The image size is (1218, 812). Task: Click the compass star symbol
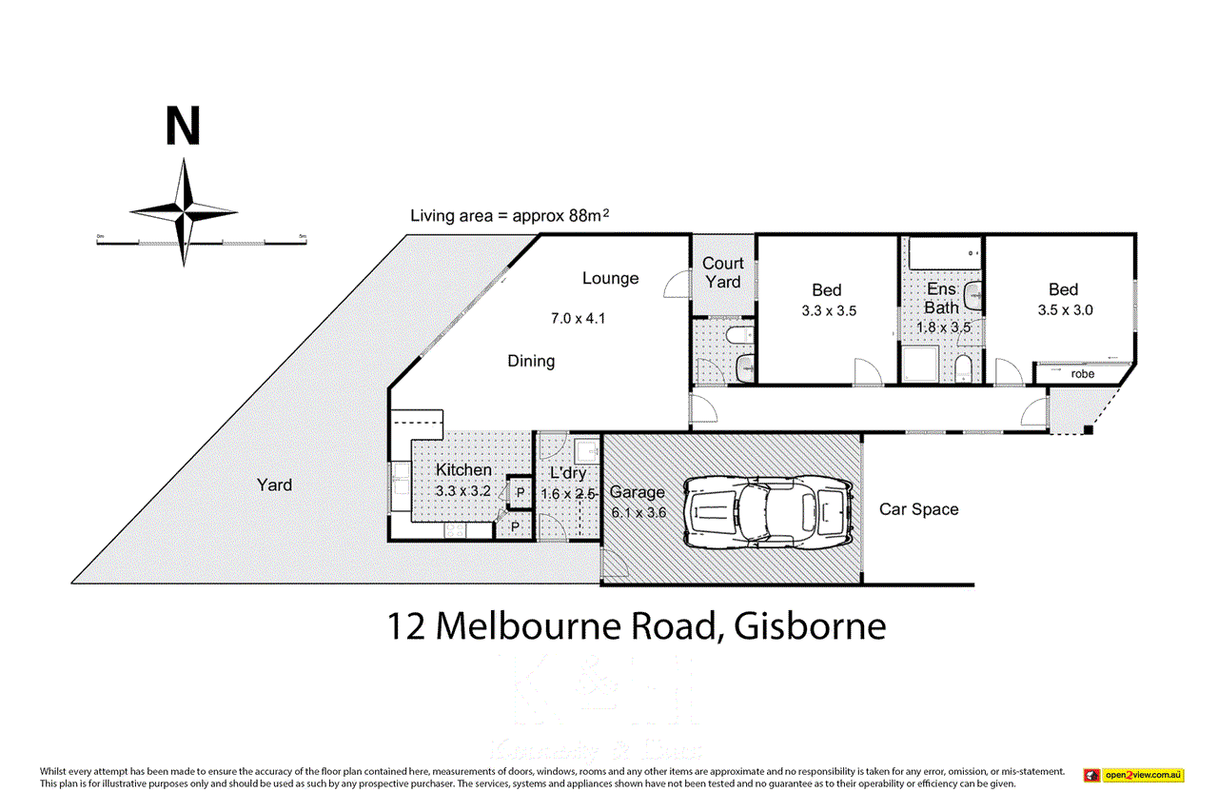click(x=184, y=210)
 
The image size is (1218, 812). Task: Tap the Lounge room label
click(x=610, y=278)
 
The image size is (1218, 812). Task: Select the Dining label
click(x=531, y=362)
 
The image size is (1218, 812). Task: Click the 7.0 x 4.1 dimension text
click(x=578, y=318)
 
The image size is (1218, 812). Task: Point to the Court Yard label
click(x=722, y=272)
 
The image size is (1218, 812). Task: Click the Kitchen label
click(x=463, y=469)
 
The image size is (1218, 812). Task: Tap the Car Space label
click(x=918, y=509)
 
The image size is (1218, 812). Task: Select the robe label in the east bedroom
click(x=1083, y=374)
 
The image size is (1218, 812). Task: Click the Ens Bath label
click(x=941, y=298)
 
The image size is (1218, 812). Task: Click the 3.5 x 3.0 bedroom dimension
click(x=1063, y=309)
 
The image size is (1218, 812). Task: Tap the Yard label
click(x=274, y=485)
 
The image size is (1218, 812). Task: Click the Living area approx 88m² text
click(x=509, y=215)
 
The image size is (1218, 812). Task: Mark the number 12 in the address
click(x=406, y=626)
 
